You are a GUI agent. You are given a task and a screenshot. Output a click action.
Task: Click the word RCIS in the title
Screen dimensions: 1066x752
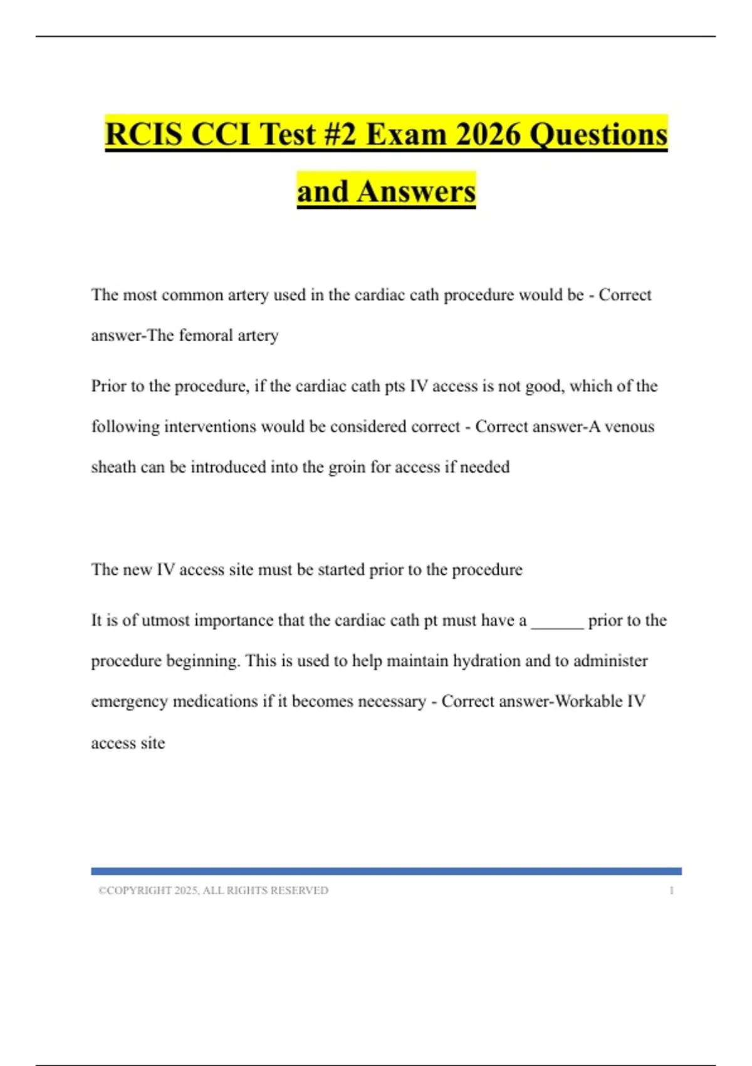coord(144,135)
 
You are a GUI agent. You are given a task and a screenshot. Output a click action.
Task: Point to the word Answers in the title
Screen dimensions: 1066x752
coord(416,191)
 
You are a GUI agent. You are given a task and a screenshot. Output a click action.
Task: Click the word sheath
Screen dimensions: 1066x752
coord(113,467)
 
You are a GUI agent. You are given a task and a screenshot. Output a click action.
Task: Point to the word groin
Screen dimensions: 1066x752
coord(347,467)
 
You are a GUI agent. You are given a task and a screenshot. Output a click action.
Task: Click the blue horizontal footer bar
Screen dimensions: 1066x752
coord(386,871)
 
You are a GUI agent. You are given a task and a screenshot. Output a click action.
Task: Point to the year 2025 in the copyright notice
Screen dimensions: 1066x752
coord(185,890)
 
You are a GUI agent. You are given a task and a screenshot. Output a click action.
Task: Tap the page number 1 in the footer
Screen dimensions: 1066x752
coord(671,890)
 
